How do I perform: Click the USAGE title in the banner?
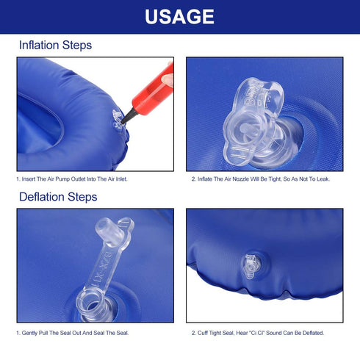coord(179,17)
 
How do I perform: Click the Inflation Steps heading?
coord(55,46)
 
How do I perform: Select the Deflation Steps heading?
coord(58,197)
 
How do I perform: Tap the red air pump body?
coord(154,90)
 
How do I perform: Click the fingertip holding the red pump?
coord(168,80)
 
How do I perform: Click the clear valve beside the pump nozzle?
coord(117,120)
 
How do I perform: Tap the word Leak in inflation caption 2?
coord(323,179)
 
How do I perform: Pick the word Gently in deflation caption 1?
coord(29,333)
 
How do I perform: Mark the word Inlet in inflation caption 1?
coord(121,179)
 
